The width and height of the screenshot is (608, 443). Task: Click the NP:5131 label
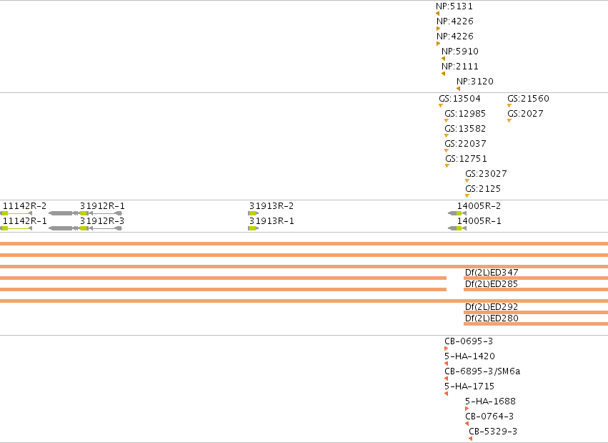point(454,6)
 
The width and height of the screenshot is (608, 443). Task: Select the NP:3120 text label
point(475,82)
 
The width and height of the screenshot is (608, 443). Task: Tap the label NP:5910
point(460,52)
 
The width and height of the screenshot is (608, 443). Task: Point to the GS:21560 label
point(528,99)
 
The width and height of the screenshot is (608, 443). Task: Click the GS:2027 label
point(525,114)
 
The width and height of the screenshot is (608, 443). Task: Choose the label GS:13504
point(459,99)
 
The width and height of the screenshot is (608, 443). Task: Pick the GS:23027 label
point(486,174)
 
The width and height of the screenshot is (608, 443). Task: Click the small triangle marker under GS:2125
point(467,195)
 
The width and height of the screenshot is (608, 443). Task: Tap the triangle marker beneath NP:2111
point(443,74)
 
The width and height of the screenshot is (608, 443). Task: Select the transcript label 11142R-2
point(24,206)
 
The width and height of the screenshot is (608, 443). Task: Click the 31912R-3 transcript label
point(102,221)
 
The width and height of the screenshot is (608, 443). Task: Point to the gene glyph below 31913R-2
point(253,213)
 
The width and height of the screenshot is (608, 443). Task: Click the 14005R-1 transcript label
point(479,221)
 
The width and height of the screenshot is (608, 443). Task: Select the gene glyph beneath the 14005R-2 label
point(457,213)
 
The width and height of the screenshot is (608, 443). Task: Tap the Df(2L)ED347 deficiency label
point(492,273)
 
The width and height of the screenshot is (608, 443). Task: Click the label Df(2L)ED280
point(492,318)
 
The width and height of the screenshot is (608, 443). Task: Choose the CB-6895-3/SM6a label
point(482,371)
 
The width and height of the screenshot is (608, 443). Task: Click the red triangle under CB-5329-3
point(470,439)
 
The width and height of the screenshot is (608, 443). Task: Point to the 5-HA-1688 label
point(491,401)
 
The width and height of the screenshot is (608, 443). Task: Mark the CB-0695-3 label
point(469,341)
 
